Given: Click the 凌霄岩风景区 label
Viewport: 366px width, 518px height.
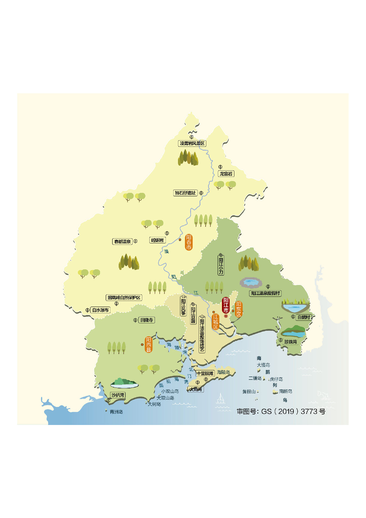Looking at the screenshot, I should tap(192, 144).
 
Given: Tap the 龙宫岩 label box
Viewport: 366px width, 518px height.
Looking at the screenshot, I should tap(226, 174).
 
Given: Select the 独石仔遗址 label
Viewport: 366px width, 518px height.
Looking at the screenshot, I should tap(185, 193).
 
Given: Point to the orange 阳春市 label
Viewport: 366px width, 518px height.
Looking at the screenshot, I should tap(189, 242).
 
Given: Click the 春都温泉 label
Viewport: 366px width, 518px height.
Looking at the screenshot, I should tap(122, 242).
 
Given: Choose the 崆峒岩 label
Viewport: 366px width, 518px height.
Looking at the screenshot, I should tap(157, 240).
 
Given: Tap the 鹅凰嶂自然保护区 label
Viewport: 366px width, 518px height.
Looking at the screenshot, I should tap(124, 298).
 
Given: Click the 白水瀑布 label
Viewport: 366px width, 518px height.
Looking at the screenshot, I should tap(100, 310).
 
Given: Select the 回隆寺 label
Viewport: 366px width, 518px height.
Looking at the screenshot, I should tap(147, 320).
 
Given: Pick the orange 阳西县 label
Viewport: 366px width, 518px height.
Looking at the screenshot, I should tap(148, 345).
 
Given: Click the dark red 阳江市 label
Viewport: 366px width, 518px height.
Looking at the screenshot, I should tap(226, 305).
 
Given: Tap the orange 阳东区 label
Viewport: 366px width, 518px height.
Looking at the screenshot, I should tap(238, 309).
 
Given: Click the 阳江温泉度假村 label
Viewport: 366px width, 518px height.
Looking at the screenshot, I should tap(265, 293).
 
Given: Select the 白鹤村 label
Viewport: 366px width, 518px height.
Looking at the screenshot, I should tap(304, 317).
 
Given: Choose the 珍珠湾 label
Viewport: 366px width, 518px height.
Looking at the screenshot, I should tap(290, 342).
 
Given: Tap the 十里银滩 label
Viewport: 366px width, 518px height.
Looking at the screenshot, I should tap(205, 374).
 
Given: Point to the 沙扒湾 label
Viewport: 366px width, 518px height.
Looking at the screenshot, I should tap(118, 395).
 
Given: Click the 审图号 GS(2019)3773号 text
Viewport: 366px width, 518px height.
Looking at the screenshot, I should tap(281, 411).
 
